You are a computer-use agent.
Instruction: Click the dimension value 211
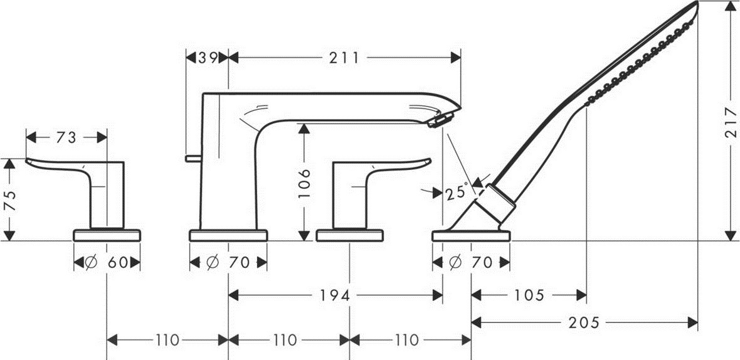(344, 58)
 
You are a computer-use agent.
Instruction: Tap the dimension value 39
(208, 58)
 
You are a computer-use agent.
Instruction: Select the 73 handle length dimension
(66, 138)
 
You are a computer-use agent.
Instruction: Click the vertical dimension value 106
(305, 184)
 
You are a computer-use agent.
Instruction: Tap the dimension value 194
(335, 296)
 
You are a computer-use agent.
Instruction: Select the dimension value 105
(529, 296)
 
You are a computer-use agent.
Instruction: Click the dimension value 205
(584, 323)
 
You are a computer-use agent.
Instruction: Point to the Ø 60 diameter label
(107, 263)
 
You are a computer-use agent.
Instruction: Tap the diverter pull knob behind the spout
(193, 158)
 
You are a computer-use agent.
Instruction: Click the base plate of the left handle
(107, 235)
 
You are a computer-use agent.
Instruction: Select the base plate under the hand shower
(471, 235)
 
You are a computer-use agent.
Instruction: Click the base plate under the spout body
(228, 235)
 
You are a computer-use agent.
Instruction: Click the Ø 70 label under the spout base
(228, 263)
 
